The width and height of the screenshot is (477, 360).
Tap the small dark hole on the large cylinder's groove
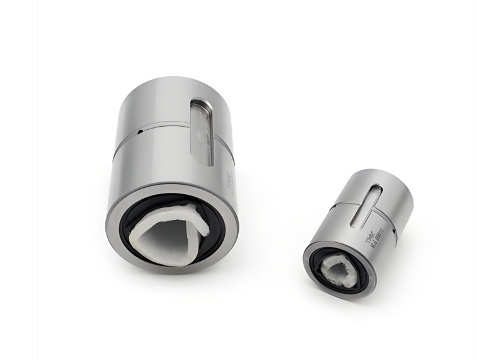pos(137,132)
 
